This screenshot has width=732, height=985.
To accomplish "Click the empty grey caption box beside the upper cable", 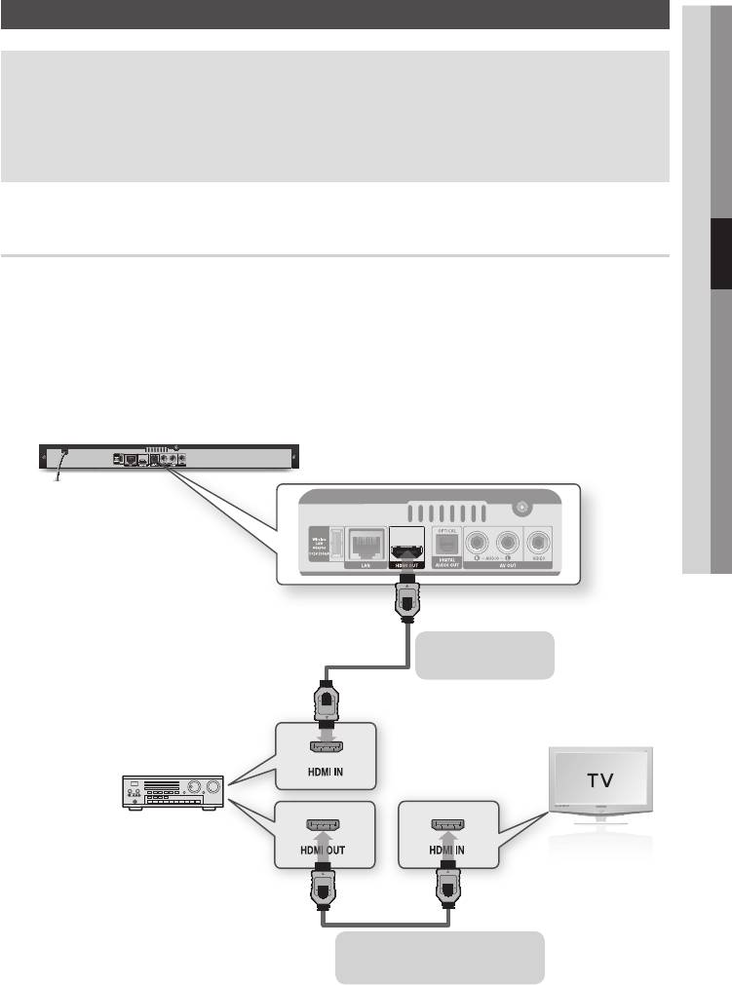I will tap(484, 655).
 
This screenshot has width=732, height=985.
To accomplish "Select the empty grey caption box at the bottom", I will tap(440, 958).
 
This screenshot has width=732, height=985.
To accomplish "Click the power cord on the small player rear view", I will tap(59, 472).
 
